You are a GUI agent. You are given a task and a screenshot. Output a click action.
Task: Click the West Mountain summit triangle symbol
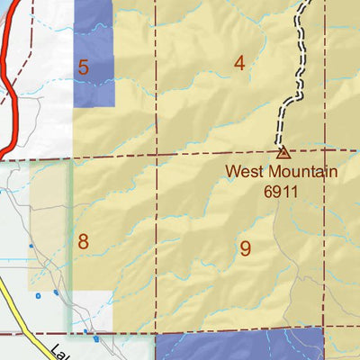click(283, 153)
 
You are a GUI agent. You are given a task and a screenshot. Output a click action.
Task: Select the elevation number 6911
click(280, 190)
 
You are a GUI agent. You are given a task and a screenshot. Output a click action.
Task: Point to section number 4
click(239, 63)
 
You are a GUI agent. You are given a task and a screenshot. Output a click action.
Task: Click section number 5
click(83, 67)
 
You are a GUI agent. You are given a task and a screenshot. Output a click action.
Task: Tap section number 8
click(83, 241)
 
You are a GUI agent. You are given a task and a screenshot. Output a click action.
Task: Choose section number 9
click(245, 249)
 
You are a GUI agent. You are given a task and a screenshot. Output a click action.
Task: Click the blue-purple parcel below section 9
click(238, 346)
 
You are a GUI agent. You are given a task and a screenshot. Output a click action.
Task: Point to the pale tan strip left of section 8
click(50, 225)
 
